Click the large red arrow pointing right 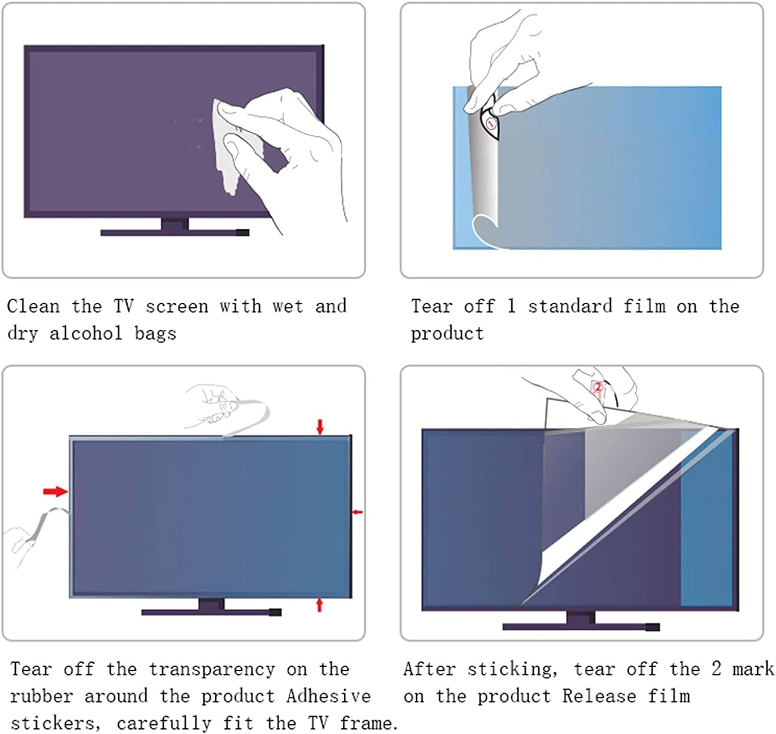55,491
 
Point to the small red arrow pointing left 357,512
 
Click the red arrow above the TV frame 320,427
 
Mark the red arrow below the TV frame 319,604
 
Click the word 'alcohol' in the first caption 86,333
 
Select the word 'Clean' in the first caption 33,306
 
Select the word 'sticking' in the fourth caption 512,669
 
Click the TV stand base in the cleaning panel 174,233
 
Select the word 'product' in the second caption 447,333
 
